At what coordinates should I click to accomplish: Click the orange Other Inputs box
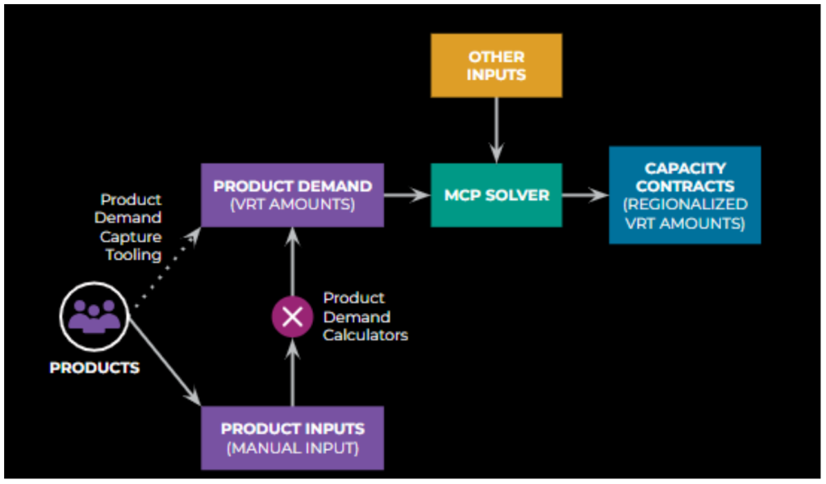click(496, 65)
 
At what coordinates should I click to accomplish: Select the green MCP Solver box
click(496, 195)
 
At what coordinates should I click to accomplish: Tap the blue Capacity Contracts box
click(685, 195)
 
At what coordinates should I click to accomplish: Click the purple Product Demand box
click(292, 195)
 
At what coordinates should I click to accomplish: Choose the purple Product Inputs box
click(292, 438)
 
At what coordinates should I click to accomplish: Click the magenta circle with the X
click(292, 316)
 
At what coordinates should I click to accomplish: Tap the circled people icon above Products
click(94, 316)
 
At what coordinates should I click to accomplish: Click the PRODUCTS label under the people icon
click(94, 368)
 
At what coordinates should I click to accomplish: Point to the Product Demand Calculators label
click(365, 316)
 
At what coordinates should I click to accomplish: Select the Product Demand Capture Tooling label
click(128, 227)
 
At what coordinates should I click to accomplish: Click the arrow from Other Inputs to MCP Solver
click(496, 130)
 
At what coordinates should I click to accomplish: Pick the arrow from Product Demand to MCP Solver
click(407, 195)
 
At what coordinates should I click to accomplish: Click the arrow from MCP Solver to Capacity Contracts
click(586, 195)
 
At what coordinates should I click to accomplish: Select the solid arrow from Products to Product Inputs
click(165, 362)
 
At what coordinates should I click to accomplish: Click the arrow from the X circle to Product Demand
click(292, 261)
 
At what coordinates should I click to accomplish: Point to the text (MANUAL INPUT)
click(292, 449)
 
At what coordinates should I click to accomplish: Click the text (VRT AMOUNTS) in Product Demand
click(292, 204)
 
